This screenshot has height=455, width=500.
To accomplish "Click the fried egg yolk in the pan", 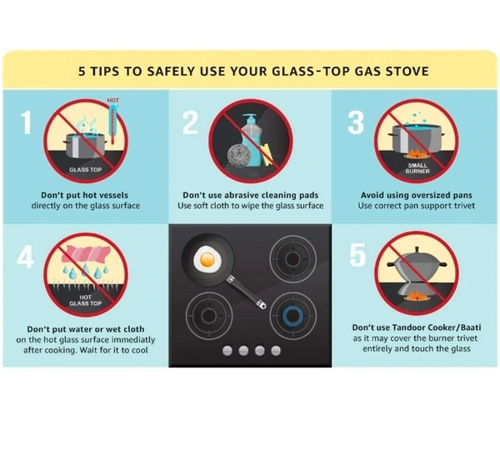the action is click(207, 260).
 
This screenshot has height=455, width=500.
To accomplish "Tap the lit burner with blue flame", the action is click(292, 316).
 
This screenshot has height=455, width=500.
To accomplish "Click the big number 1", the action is click(26, 122).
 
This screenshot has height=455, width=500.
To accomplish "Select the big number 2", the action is click(190, 122).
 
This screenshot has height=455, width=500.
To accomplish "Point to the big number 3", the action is click(356, 122).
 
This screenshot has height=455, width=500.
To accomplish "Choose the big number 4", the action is click(25, 257).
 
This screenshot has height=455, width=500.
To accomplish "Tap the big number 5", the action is click(357, 255).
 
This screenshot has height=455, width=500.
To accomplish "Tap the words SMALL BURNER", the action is click(417, 168).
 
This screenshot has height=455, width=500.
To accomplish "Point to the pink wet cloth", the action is click(86, 254).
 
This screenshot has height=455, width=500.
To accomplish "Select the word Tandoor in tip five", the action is click(409, 327).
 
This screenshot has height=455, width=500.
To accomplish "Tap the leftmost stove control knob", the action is click(227, 351).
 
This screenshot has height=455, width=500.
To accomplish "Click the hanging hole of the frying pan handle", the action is click(262, 306).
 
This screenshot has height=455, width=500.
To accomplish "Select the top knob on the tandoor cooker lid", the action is click(417, 249).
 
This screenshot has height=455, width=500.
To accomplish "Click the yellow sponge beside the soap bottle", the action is click(267, 155).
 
